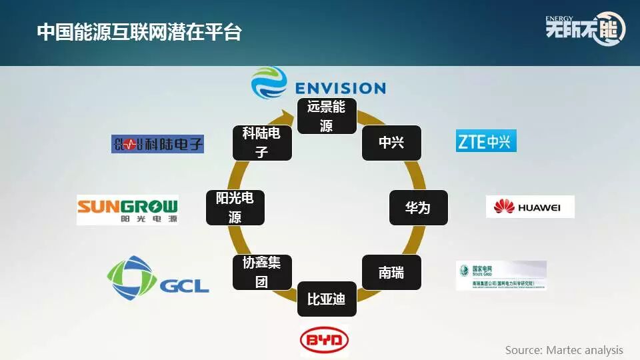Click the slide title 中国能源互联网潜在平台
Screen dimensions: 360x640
coord(139,32)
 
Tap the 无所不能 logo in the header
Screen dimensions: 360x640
coord(585,28)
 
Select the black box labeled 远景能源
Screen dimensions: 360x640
coord(326,115)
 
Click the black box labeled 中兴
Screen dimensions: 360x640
coord(391,143)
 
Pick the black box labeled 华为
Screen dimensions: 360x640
coord(418,207)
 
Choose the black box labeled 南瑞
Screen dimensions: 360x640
coord(391,272)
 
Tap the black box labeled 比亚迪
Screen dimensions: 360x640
coord(326,299)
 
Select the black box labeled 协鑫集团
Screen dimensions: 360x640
coord(261,272)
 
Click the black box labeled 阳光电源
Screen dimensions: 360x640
coord(235,207)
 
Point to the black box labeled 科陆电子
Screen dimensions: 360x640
coord(261,143)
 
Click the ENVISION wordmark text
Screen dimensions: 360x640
coord(340,88)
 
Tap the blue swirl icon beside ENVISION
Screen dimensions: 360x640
coord(269,84)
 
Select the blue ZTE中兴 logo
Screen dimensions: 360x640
coord(486,141)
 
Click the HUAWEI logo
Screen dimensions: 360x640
coord(530,207)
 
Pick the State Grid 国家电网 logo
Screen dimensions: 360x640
coord(501,275)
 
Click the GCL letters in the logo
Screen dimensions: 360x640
coord(184,285)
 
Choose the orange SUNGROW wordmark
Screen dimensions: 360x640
coord(127,205)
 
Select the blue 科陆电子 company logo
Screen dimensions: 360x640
coord(157,143)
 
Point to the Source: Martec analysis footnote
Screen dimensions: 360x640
coord(564,350)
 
